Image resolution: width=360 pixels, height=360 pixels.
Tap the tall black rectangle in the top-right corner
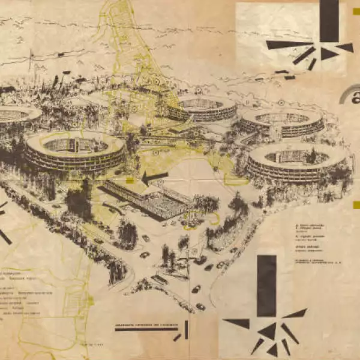pyautogui.click(x=329, y=20)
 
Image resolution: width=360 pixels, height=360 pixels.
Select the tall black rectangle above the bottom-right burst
pyautogui.click(x=266, y=286)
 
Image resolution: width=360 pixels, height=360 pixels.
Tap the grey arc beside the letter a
pyautogui.click(x=346, y=96)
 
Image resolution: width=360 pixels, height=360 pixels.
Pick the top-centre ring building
pyautogui.click(x=202, y=108)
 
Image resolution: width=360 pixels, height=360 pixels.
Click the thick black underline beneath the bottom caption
pyautogui.click(x=146, y=329)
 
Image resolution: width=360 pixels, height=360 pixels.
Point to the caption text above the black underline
pyautogui.click(x=148, y=323)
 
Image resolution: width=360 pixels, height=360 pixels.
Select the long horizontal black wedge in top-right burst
pyautogui.click(x=288, y=44)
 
